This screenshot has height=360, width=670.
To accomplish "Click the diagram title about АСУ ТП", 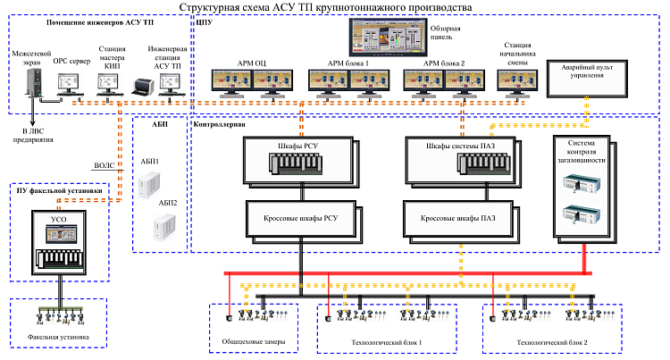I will pos(334,7).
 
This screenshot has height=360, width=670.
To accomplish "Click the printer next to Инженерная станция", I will pos(142,87).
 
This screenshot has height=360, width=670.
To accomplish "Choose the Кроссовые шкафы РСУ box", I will pos(298,216).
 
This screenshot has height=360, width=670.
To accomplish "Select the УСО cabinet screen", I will pos(60,234).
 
